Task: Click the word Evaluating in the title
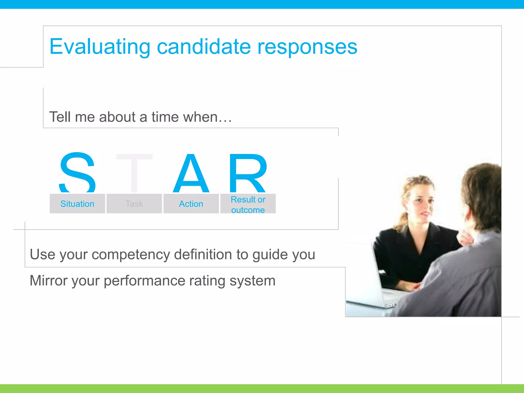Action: tap(100, 47)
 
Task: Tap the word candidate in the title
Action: tap(204, 47)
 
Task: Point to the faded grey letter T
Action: tap(134, 173)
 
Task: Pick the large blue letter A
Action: tap(191, 173)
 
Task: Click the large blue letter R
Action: tap(248, 173)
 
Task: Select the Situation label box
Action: tap(77, 204)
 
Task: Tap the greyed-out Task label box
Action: tap(134, 204)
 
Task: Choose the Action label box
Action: tap(191, 204)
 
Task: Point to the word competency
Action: tap(130, 255)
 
